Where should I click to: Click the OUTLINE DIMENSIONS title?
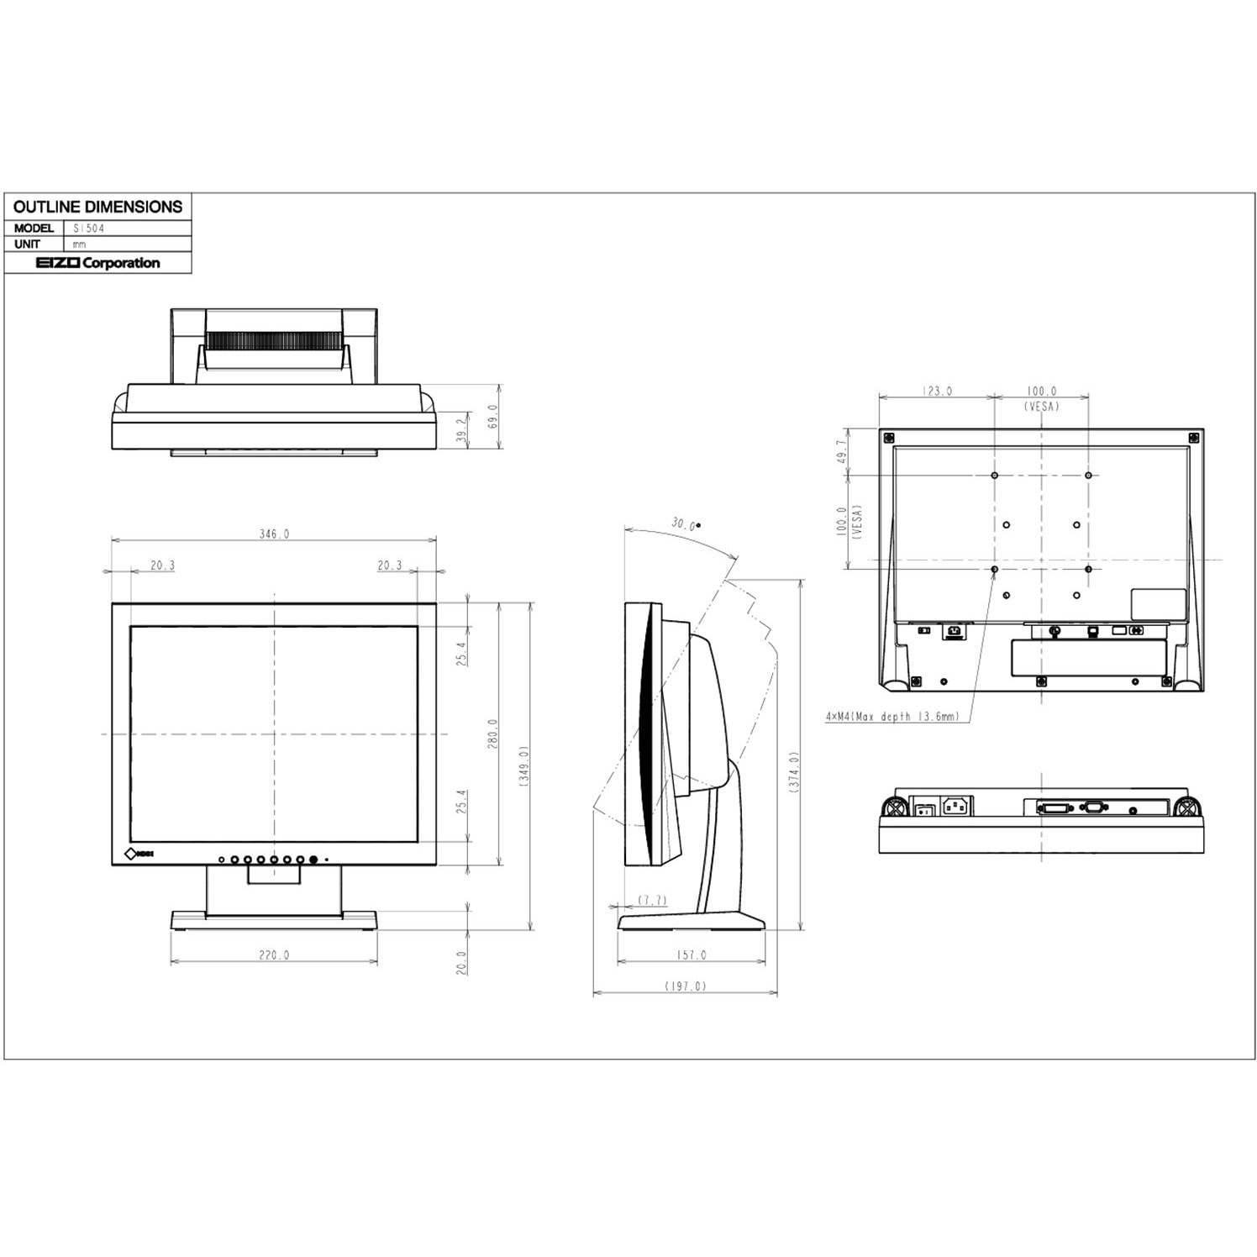tap(97, 207)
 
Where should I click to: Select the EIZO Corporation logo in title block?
tap(97, 263)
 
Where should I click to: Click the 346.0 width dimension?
tap(274, 534)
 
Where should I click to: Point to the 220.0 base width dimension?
tap(274, 955)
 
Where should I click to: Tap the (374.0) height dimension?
tap(794, 774)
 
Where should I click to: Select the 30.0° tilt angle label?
tap(684, 524)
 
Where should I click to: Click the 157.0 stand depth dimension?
tap(691, 955)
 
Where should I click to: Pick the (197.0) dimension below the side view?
tap(685, 986)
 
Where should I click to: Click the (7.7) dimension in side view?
tap(652, 900)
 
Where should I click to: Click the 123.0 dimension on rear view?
tap(936, 391)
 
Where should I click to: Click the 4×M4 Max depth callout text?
tap(891, 717)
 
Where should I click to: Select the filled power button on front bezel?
tap(313, 860)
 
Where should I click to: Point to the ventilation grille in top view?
tap(274, 340)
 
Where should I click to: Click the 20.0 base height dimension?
tap(460, 960)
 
